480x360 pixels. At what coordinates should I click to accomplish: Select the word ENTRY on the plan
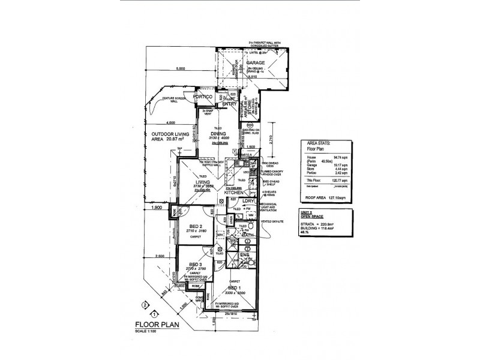[230, 104]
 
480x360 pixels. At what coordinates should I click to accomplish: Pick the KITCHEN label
[234, 193]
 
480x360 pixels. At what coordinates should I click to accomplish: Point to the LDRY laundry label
[250, 201]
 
